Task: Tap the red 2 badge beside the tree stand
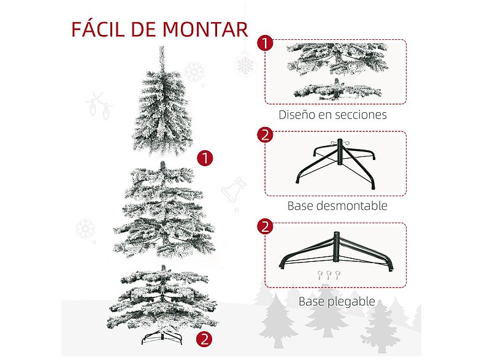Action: pyautogui.click(x=204, y=338)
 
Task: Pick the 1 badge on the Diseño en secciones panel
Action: pyautogui.click(x=265, y=44)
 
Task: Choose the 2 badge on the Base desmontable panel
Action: pyautogui.click(x=265, y=135)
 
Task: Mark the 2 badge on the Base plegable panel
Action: pyautogui.click(x=265, y=227)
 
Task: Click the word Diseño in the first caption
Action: pyautogui.click(x=297, y=114)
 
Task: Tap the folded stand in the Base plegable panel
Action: pyautogui.click(x=336, y=251)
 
